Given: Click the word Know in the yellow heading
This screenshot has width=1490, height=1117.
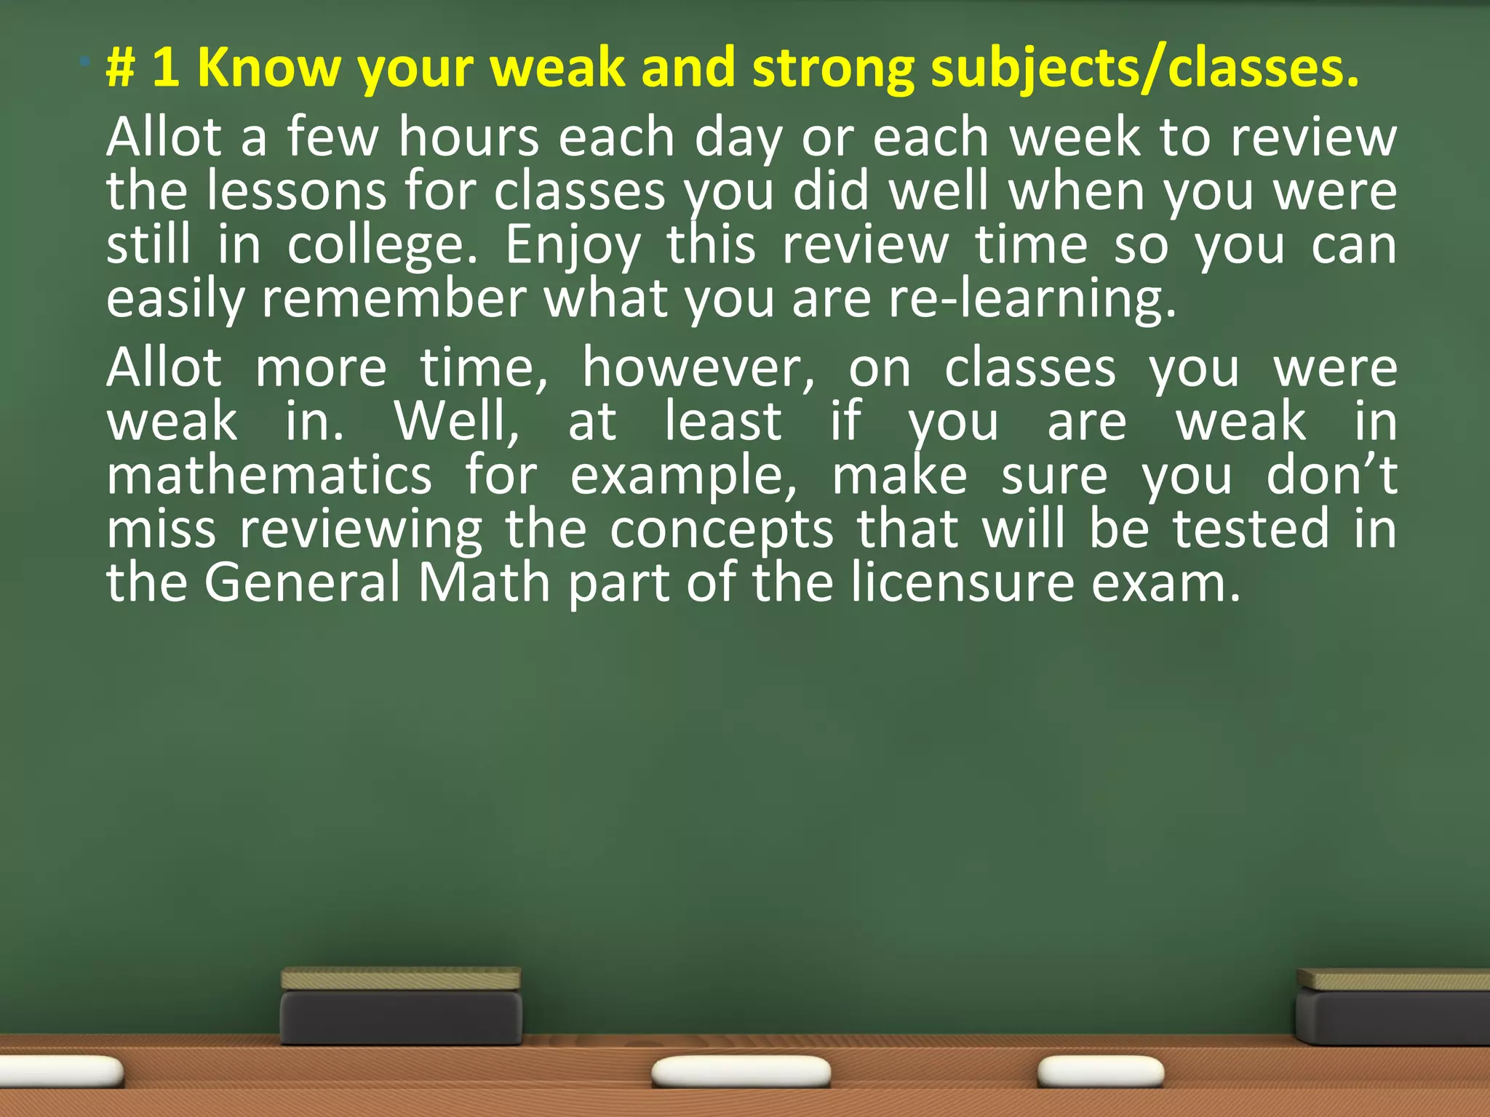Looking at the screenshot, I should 268,68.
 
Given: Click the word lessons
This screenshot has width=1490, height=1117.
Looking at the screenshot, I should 295,191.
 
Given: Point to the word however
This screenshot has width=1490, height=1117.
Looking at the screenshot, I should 698,369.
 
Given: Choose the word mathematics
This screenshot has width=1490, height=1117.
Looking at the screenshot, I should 269,476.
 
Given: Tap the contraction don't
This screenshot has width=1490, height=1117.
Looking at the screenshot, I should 1331,476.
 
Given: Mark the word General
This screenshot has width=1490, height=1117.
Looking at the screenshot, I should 302,582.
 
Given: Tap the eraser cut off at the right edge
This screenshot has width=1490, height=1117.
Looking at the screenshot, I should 1393,1008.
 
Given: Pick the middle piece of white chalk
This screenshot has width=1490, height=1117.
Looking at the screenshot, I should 741,1072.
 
